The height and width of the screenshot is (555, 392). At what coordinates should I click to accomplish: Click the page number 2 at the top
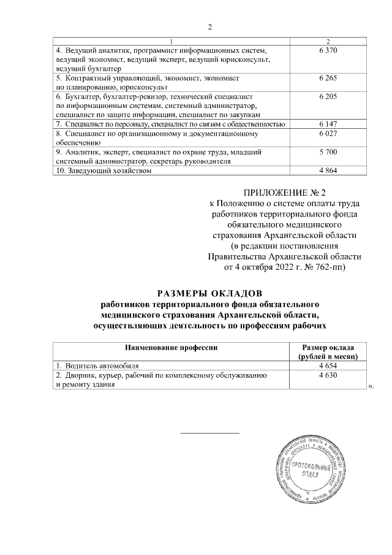click(x=209, y=27)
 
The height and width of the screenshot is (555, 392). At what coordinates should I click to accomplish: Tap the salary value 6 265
click(x=328, y=79)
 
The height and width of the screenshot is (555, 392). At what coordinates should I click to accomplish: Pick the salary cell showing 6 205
click(x=328, y=97)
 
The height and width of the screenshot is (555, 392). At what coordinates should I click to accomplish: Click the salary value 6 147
click(x=328, y=124)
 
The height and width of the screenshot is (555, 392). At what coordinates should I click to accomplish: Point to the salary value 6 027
click(x=328, y=133)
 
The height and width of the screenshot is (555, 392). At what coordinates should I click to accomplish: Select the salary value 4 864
click(x=328, y=171)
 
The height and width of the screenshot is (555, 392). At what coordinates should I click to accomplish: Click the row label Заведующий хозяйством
click(x=104, y=172)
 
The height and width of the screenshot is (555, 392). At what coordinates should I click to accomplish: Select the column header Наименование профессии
click(x=173, y=347)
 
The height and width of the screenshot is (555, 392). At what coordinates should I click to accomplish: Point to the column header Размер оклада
click(x=328, y=347)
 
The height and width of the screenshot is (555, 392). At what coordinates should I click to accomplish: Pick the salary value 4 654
click(x=328, y=366)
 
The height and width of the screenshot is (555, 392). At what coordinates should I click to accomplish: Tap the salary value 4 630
click(x=328, y=375)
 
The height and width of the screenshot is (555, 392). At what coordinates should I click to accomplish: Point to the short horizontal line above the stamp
click(x=209, y=433)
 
